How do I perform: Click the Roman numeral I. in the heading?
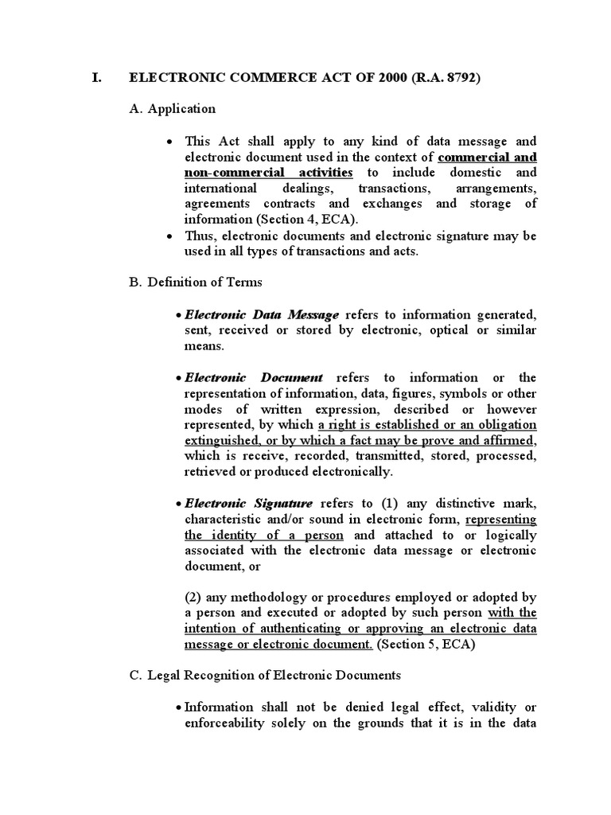point(95,79)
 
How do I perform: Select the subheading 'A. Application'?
point(172,108)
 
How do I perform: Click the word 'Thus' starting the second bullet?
point(200,236)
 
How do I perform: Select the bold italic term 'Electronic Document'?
point(254,377)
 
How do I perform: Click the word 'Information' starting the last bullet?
point(219,707)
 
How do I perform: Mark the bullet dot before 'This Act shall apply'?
point(171,142)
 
